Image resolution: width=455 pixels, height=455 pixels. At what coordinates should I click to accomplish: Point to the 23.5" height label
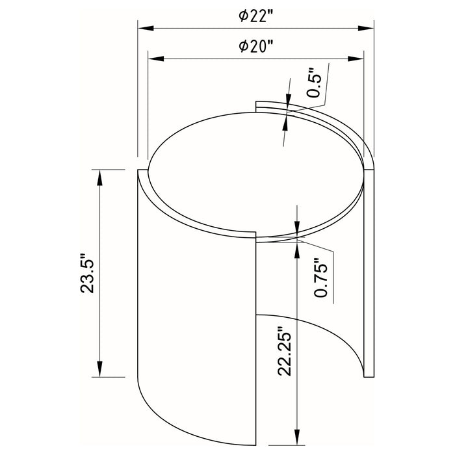coord(88,273)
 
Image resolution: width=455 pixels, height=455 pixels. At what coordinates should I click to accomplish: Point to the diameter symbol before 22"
coord(242,18)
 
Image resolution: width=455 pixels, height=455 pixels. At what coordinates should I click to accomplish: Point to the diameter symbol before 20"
coord(242,47)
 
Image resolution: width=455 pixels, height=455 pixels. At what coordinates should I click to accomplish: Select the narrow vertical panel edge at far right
coord(369,273)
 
